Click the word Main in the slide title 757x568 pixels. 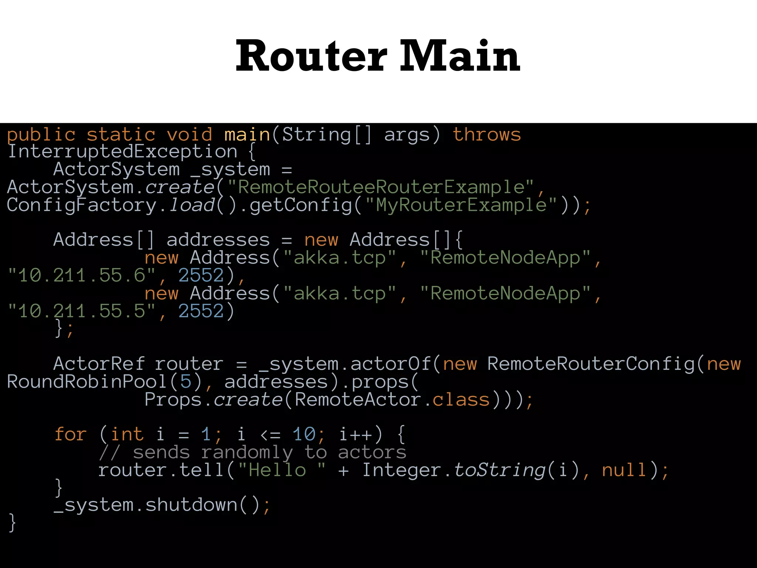[x=460, y=56]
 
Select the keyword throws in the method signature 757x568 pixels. [x=487, y=135]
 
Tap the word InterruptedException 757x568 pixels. [x=122, y=152]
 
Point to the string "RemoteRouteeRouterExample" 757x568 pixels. [x=380, y=187]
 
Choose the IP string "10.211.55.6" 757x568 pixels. [x=81, y=276]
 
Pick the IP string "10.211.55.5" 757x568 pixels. [x=81, y=311]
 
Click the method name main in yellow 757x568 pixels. [x=247, y=135]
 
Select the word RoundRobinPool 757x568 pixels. [x=87, y=382]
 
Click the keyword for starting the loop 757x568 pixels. [x=70, y=435]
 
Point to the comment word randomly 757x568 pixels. [x=247, y=453]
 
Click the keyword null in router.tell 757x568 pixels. [x=624, y=471]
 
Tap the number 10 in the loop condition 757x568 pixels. [x=304, y=435]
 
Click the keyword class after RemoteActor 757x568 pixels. [x=461, y=400]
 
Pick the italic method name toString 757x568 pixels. [x=499, y=471]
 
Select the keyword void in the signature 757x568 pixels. [x=189, y=135]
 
